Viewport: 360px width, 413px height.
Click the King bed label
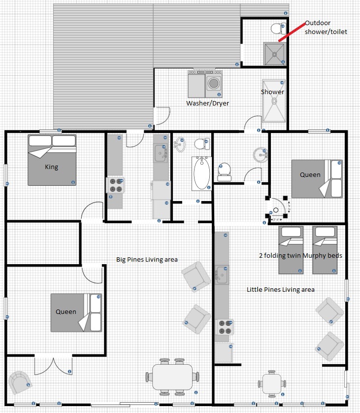point(52,167)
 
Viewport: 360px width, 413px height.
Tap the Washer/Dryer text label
point(208,103)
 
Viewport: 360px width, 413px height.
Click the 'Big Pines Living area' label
point(147,259)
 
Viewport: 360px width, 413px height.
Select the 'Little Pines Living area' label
point(281,289)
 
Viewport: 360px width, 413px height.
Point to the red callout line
point(292,32)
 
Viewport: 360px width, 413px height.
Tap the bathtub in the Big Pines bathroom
point(201,173)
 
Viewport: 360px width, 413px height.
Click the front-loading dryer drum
point(214,83)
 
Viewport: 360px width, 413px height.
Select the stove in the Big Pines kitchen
point(115,185)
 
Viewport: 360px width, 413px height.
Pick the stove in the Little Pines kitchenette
point(225,327)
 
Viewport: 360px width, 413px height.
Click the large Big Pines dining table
point(172,377)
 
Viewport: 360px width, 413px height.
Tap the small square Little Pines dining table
point(272,383)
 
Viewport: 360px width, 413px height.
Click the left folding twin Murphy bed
point(291,250)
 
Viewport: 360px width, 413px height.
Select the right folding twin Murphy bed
point(325,250)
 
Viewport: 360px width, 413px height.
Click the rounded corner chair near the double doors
point(20,382)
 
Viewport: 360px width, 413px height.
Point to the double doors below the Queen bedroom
point(53,365)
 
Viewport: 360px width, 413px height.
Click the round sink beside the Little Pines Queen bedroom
point(260,155)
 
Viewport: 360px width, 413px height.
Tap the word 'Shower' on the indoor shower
point(272,92)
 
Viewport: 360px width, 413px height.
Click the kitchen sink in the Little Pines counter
point(222,275)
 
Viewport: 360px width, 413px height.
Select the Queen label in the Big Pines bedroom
point(66,311)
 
